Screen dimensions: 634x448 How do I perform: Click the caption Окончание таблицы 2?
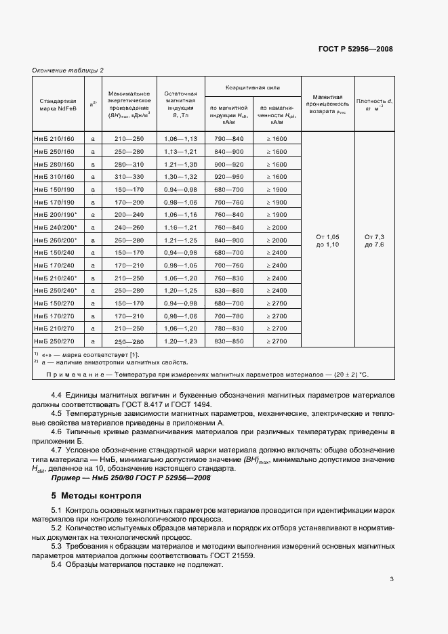tap(68, 70)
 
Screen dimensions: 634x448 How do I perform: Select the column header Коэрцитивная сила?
tap(253, 87)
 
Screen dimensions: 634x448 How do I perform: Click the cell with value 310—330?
tap(129, 176)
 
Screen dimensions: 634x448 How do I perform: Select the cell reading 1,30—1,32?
tap(180, 176)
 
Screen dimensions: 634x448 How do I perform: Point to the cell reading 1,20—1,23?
tap(180, 341)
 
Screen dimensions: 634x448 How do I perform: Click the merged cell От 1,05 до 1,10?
tap(328, 240)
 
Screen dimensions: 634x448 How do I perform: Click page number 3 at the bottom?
tap(392, 578)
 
